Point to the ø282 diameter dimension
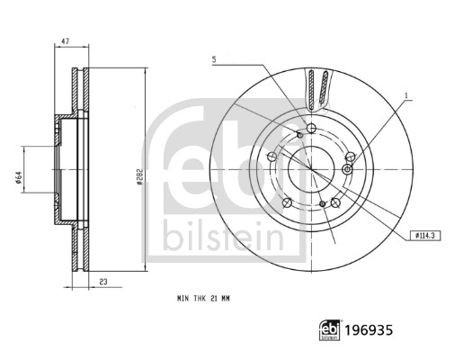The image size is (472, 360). click(140, 178)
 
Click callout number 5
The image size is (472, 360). click(214, 59)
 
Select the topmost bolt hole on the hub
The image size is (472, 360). click(311, 129)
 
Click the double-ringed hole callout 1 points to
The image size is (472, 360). click(348, 169)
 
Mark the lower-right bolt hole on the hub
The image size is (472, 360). click(334, 202)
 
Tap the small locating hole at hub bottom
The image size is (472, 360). click(321, 205)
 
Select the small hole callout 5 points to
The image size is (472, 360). click(298, 134)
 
